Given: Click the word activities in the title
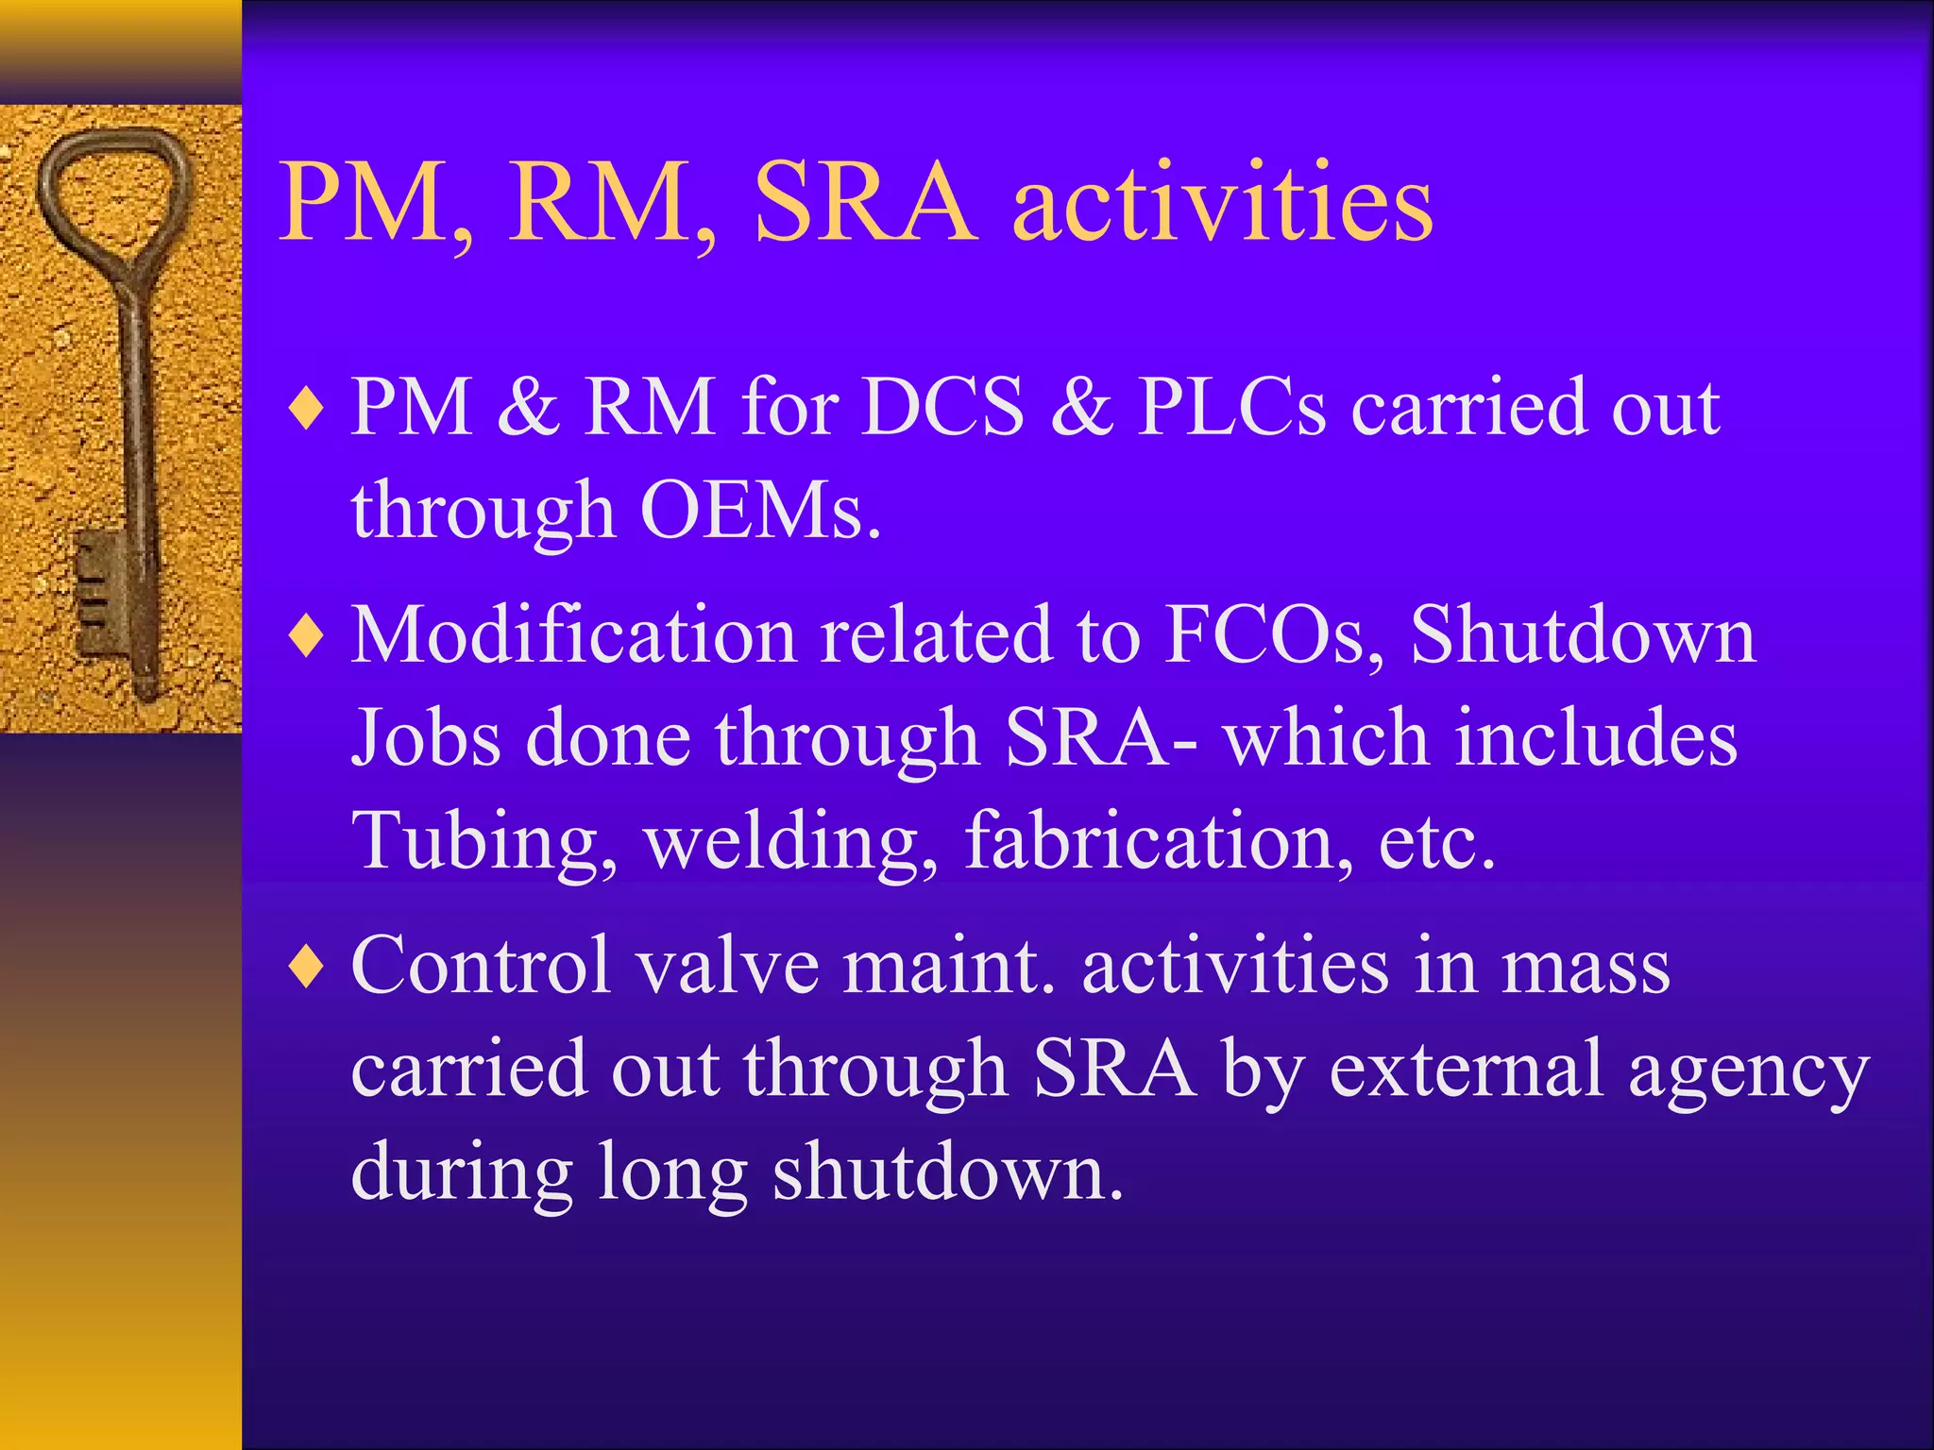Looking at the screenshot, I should (1222, 204).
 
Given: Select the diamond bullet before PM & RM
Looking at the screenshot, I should (307, 410).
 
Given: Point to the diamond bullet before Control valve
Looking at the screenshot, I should (307, 968).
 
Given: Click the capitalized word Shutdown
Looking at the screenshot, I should (1583, 635).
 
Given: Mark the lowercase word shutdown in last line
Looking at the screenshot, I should (947, 1173).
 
